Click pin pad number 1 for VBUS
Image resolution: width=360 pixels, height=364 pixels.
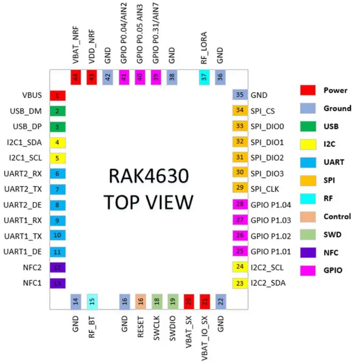pyautogui.click(x=58, y=95)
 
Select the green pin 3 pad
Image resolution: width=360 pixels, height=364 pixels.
pyautogui.click(x=58, y=127)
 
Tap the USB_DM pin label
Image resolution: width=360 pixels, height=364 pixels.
pyautogui.click(x=28, y=111)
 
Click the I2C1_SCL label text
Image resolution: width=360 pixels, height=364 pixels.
pyautogui.click(x=25, y=158)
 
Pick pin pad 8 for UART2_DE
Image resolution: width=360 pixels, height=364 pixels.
pyautogui.click(x=58, y=205)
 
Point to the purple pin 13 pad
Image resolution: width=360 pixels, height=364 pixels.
pyautogui.click(x=58, y=283)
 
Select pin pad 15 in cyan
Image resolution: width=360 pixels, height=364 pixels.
pyautogui.click(x=92, y=301)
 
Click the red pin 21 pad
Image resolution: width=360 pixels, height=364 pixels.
pyautogui.click(x=204, y=301)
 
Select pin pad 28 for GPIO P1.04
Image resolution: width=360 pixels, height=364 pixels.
pyautogui.click(x=240, y=205)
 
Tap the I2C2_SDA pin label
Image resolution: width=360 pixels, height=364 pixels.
pyautogui.click(x=268, y=283)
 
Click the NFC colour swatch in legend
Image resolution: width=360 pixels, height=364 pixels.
pyautogui.click(x=308, y=252)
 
